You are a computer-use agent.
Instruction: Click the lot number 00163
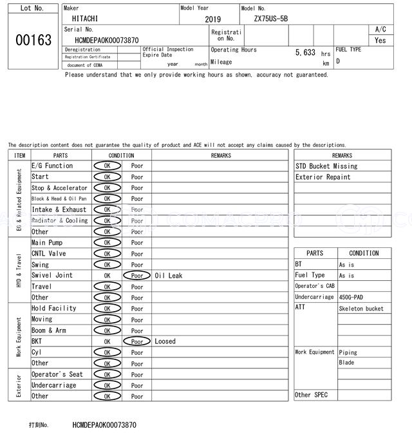[x=33, y=40]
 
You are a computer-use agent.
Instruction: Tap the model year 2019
[x=212, y=19]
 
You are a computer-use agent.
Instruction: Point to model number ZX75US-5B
[x=271, y=19]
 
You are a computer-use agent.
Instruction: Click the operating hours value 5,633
[x=305, y=53]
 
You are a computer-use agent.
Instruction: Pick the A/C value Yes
[x=380, y=40]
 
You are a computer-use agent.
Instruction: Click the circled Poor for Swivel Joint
[x=137, y=276]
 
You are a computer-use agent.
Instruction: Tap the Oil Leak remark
[x=169, y=276]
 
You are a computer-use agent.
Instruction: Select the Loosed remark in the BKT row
[x=165, y=341]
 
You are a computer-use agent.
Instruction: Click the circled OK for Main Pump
[x=107, y=243]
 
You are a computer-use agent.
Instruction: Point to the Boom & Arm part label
[x=49, y=330]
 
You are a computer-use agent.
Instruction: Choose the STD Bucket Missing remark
[x=326, y=166]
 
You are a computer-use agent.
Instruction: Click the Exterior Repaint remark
[x=323, y=177]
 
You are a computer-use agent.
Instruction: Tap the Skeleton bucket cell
[x=360, y=309]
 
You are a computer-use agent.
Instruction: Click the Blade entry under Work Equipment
[x=346, y=363]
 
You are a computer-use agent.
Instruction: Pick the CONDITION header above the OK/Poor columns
[x=121, y=155]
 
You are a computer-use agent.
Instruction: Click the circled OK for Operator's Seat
[x=107, y=374]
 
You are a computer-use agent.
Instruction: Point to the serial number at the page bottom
[x=104, y=425]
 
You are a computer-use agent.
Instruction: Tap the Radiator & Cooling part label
[x=60, y=220]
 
